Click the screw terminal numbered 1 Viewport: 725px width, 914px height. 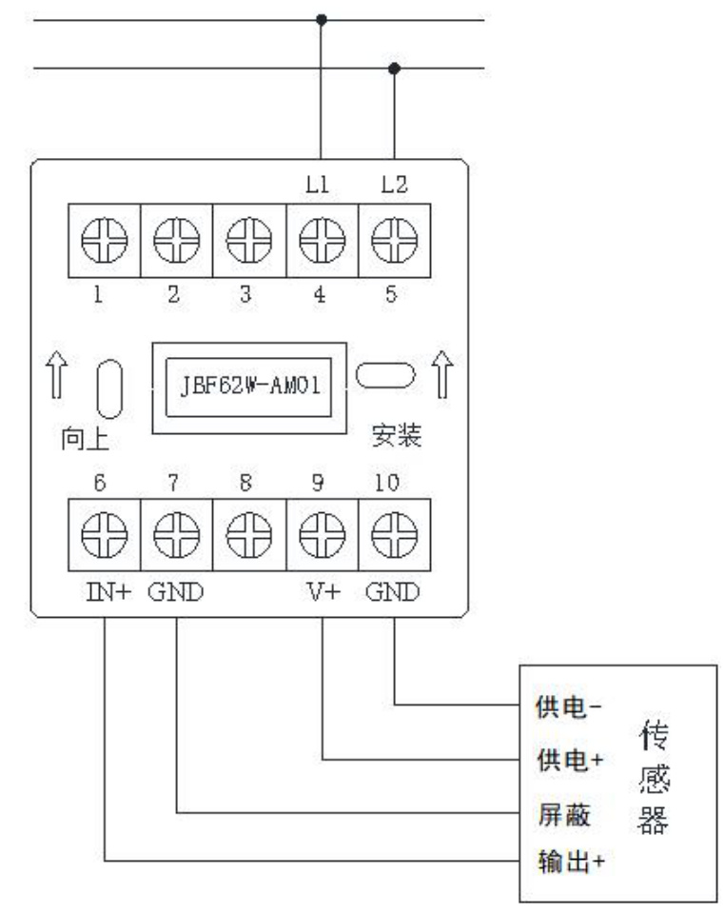(105, 240)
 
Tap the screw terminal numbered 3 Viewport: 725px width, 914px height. (249, 240)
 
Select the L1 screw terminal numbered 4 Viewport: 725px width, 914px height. (322, 240)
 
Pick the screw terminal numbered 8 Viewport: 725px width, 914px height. (249, 534)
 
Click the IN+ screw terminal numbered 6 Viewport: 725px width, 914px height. (105, 534)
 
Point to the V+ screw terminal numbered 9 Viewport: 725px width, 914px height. (322, 534)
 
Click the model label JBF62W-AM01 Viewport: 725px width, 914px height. (250, 386)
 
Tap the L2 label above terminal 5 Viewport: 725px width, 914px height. (394, 186)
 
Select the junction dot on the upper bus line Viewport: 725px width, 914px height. (322, 20)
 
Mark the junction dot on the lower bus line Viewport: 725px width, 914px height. (394, 69)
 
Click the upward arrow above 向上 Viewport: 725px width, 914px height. (56, 375)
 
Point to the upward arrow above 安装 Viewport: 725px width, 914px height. (442, 375)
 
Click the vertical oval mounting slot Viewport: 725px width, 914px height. (109, 388)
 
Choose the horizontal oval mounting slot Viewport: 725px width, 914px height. (385, 375)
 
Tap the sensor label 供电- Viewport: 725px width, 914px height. (569, 707)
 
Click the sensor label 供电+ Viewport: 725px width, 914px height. (570, 760)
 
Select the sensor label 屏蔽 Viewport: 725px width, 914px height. (563, 814)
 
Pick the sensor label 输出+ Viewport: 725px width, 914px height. (571, 862)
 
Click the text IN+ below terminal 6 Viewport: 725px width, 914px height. (108, 592)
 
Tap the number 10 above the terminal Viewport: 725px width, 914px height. (386, 483)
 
